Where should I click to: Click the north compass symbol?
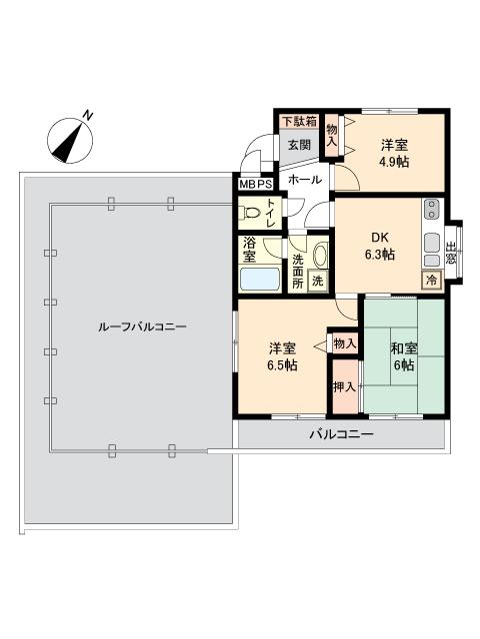pyautogui.click(x=70, y=140)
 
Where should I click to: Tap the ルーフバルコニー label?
pyautogui.click(x=142, y=326)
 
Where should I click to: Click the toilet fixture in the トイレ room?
pyautogui.click(x=252, y=213)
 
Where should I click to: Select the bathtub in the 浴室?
pyautogui.click(x=260, y=279)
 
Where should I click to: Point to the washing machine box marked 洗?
pyautogui.click(x=318, y=281)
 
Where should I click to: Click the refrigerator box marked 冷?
pyautogui.click(x=431, y=280)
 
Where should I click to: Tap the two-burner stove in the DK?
pyautogui.click(x=431, y=209)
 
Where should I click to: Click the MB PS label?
pyautogui.click(x=256, y=185)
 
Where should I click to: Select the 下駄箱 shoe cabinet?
pyautogui.click(x=300, y=121)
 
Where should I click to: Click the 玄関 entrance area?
pyautogui.click(x=299, y=145)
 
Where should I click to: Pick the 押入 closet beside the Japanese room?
pyautogui.click(x=345, y=386)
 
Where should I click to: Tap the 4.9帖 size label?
pyautogui.click(x=394, y=162)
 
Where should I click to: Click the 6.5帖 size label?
pyautogui.click(x=282, y=365)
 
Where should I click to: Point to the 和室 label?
pyautogui.click(x=403, y=348)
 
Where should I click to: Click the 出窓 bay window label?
pyautogui.click(x=450, y=253)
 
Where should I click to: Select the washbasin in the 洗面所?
pyautogui.click(x=320, y=256)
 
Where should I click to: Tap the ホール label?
pyautogui.click(x=305, y=180)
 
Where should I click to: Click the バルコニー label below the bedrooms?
pyautogui.click(x=341, y=434)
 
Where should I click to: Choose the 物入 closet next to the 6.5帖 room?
pyautogui.click(x=345, y=343)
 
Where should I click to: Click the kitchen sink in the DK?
pyautogui.click(x=432, y=244)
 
